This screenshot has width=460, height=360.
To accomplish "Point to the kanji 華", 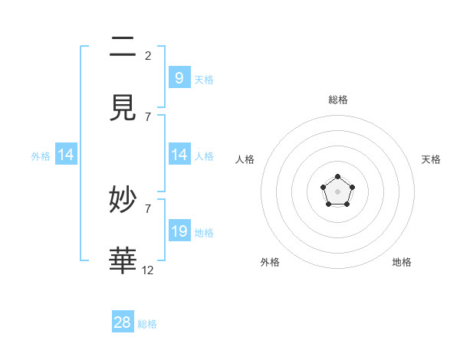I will click(x=123, y=260).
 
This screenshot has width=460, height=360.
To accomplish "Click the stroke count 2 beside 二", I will click(x=148, y=55).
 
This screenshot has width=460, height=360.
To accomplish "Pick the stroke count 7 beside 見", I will click(x=148, y=116).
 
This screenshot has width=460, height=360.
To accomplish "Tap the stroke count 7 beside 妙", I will click(x=148, y=208).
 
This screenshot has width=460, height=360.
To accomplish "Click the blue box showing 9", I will click(x=179, y=78).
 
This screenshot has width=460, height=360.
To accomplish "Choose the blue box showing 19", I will click(x=179, y=231).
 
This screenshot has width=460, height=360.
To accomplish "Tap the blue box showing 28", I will click(x=123, y=322).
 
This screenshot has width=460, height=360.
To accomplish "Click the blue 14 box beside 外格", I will click(x=66, y=155).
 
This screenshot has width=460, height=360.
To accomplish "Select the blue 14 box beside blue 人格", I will click(x=179, y=155).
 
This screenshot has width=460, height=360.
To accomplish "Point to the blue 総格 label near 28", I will click(x=147, y=324).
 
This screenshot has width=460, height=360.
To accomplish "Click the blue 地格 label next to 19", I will click(x=204, y=233).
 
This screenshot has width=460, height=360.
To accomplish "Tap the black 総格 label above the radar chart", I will click(x=337, y=100).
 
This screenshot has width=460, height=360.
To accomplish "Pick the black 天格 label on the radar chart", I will click(x=431, y=159).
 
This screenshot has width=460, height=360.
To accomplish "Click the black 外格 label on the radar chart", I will click(x=270, y=262).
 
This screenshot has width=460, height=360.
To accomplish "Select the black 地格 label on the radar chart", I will click(x=402, y=262).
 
